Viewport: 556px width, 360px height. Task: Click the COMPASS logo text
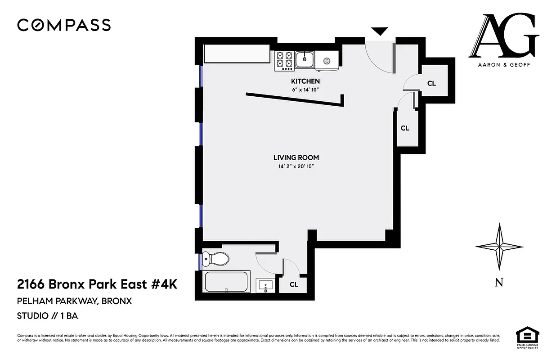[x=64, y=25]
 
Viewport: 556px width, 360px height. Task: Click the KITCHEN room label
[x=305, y=81]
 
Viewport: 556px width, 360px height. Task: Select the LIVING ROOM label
[x=296, y=157]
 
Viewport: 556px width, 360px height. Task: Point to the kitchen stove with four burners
[x=284, y=61]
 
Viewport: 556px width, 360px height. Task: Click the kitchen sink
[x=305, y=58]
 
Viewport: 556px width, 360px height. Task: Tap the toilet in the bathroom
[x=216, y=259]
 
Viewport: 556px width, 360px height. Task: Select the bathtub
[x=227, y=282]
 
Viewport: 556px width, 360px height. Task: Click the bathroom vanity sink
[x=266, y=285]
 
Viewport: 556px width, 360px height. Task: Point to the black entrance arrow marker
[x=379, y=31]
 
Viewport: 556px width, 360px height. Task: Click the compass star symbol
[x=499, y=247]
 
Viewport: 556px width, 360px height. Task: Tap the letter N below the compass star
[x=499, y=283]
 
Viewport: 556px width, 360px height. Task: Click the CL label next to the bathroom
[x=294, y=284]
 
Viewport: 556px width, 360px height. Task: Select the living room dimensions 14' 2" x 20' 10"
[x=296, y=166]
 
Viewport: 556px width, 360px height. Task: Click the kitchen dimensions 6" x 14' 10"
[x=305, y=90]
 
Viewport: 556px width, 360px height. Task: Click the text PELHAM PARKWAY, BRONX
[x=74, y=301]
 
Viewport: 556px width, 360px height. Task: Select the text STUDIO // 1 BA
[x=47, y=315]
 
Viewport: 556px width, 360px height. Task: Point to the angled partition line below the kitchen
[x=295, y=99]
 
